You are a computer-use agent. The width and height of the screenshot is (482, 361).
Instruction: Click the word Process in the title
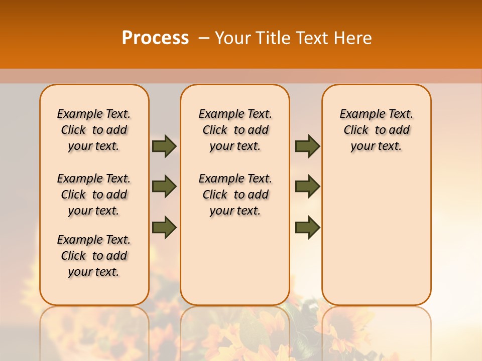tap(155, 38)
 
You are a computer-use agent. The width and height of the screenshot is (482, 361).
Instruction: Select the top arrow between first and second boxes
tap(164, 146)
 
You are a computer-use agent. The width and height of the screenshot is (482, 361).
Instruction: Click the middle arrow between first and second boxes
tap(164, 187)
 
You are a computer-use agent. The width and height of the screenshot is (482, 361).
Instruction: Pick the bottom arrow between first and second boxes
tap(164, 228)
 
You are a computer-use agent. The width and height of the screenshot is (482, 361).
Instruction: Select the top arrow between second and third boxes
tap(307, 146)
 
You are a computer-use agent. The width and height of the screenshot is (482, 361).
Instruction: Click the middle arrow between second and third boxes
tap(307, 187)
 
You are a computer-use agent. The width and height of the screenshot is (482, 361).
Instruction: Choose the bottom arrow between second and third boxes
tap(307, 228)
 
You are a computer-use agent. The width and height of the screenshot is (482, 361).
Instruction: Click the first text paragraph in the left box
tap(94, 130)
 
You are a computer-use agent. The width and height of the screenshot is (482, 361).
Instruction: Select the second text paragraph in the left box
tap(94, 195)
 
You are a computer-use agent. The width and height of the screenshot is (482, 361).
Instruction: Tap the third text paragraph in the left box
tap(94, 256)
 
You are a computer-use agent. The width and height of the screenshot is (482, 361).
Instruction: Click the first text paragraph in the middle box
tap(235, 130)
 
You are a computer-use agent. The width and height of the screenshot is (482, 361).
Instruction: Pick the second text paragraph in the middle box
tap(235, 195)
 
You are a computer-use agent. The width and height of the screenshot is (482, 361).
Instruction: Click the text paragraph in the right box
tap(376, 130)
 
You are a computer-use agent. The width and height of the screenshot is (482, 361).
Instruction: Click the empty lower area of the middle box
tap(235, 261)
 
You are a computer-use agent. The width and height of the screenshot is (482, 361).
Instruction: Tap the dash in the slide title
tap(204, 38)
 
